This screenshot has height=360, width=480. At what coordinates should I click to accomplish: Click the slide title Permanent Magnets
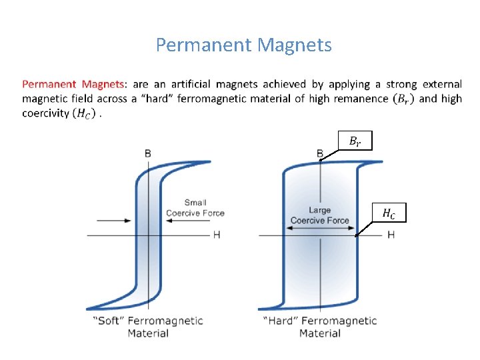click(x=243, y=45)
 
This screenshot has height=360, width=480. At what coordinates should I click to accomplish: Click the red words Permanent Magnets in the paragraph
click(x=73, y=85)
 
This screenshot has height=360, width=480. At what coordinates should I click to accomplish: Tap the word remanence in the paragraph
click(x=359, y=99)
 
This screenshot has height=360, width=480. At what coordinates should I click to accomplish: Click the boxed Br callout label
click(x=355, y=141)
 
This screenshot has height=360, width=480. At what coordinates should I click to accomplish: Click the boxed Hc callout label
click(x=389, y=213)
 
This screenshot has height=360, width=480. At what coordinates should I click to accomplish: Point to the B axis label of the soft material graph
click(x=147, y=153)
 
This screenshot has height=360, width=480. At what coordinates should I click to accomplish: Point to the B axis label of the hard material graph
click(x=321, y=154)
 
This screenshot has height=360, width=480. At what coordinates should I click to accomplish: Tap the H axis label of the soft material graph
click(x=217, y=235)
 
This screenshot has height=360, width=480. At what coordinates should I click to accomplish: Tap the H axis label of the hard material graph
click(x=391, y=235)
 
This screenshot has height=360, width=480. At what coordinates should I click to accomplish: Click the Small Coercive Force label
click(x=195, y=208)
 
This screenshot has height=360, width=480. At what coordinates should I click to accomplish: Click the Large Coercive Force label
click(x=320, y=215)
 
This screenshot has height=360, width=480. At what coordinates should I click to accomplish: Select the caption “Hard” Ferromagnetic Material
click(x=320, y=327)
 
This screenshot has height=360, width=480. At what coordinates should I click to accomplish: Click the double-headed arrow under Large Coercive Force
click(x=321, y=228)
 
